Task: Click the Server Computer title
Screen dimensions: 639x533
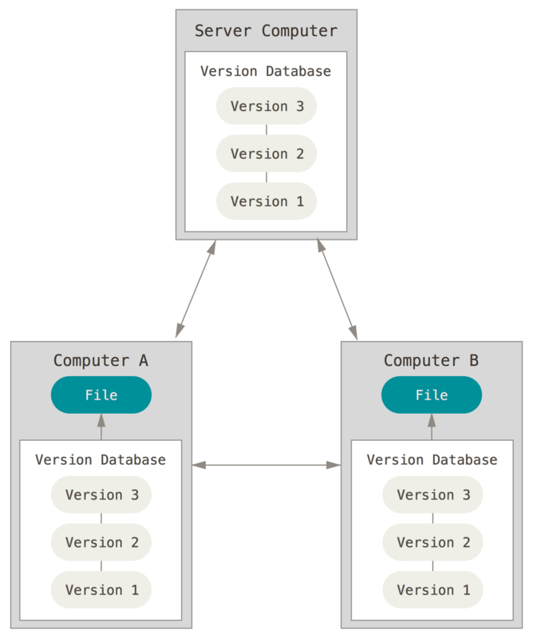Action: tap(266, 31)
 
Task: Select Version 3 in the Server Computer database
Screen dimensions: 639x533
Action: tap(266, 106)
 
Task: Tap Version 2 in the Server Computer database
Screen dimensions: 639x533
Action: tap(266, 153)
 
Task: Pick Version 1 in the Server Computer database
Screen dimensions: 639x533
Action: tap(266, 201)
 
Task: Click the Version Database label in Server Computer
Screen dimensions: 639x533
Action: tap(266, 71)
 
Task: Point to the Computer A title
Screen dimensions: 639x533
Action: tap(101, 360)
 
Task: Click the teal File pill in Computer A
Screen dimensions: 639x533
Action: tap(101, 395)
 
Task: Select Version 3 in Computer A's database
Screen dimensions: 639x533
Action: tap(101, 494)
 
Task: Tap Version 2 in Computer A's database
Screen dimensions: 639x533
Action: tap(101, 542)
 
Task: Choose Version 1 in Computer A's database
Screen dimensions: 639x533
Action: tap(101, 590)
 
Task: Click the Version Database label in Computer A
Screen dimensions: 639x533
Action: tap(101, 460)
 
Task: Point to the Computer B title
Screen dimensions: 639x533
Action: tap(431, 360)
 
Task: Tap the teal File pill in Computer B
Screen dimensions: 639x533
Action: tap(432, 395)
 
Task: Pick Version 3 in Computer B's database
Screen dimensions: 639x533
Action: tap(432, 494)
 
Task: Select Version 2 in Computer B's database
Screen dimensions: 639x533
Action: tap(432, 542)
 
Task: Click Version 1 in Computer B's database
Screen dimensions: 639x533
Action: tap(432, 590)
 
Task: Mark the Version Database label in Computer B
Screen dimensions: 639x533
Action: tap(432, 460)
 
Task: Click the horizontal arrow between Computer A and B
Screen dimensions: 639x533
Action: tap(266, 464)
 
